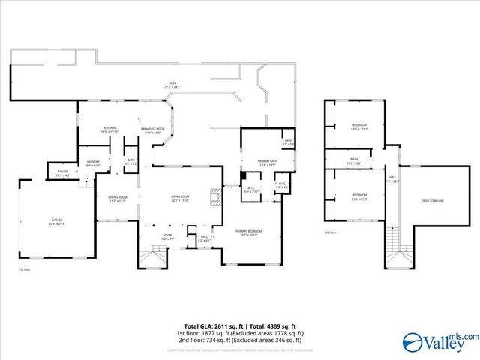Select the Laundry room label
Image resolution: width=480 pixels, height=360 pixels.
[x=93, y=163]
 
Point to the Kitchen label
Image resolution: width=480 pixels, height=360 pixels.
[x=110, y=130]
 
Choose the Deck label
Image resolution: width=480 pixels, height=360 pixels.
[x=172, y=85]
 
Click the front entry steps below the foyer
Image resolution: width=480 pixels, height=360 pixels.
[x=151, y=259]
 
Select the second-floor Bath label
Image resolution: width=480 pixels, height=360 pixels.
[x=354, y=161]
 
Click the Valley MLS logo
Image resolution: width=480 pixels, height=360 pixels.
[x=439, y=343]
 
